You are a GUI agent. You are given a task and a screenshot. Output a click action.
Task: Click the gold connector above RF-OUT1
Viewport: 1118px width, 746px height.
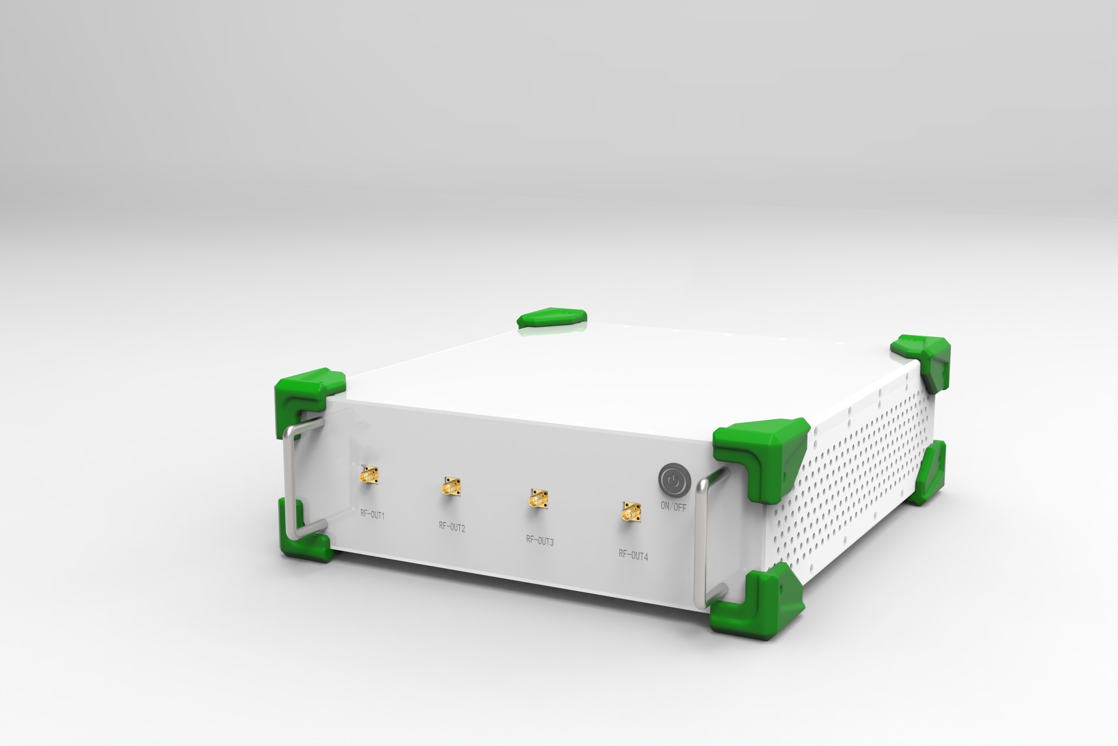369,475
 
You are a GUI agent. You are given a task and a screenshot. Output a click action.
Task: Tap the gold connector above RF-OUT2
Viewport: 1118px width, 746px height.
451,487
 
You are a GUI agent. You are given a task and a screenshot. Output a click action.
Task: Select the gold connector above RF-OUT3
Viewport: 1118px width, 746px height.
538,499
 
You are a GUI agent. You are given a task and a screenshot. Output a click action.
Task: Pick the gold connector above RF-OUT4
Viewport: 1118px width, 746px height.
631,512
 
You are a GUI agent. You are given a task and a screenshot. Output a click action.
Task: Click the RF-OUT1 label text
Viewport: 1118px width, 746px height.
372,515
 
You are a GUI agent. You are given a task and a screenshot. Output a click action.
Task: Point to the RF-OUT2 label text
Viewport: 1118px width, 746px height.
452,527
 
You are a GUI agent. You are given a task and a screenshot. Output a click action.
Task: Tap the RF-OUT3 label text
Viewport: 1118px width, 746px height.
539,540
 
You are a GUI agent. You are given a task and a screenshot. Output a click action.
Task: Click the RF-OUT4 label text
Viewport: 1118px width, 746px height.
633,555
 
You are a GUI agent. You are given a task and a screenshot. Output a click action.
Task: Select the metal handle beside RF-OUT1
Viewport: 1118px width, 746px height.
288,480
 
